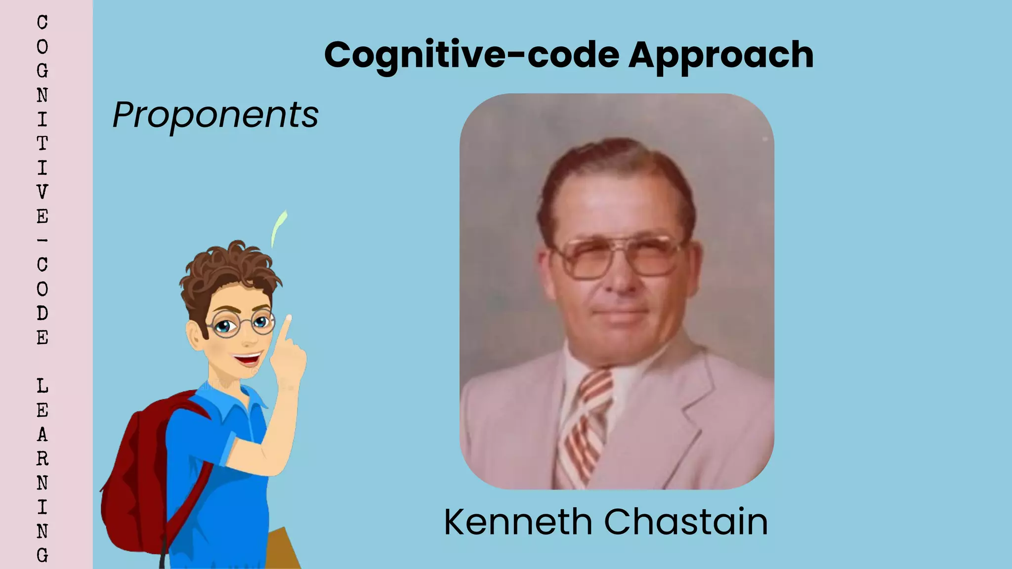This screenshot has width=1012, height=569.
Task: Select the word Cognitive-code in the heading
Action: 471,55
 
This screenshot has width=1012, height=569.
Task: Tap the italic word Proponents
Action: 215,115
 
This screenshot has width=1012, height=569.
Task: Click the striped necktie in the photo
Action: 586,425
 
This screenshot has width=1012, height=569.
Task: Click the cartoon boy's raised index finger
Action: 286,328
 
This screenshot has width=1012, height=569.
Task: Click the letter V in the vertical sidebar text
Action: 42,192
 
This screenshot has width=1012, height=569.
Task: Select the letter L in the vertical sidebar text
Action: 42,386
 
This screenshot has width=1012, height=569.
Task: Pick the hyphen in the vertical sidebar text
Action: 42,241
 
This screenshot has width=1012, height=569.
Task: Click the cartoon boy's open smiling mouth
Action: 247,358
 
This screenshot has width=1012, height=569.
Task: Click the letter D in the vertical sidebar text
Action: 42,313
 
